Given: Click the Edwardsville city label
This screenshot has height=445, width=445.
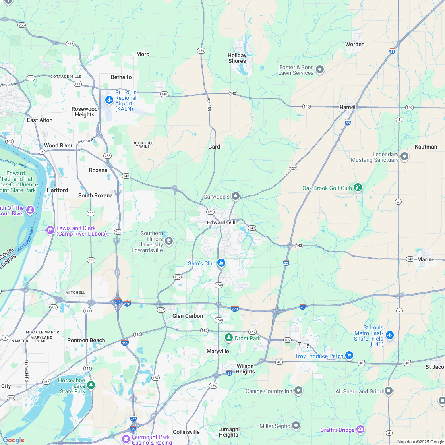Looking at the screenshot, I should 222,222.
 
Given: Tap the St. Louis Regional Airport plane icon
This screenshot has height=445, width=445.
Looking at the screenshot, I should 109,100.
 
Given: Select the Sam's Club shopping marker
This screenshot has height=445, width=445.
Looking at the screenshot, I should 221,263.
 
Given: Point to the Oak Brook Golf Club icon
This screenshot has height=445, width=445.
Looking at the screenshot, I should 358,188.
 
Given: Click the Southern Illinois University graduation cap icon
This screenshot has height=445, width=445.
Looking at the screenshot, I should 169,241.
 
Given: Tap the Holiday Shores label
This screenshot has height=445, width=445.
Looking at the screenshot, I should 237,58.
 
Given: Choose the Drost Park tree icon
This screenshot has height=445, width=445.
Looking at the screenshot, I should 228,338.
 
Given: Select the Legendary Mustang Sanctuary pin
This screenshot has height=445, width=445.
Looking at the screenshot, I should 404,157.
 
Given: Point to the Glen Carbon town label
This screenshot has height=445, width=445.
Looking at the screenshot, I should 188,316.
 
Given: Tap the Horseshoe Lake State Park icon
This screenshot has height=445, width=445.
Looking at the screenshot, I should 91,385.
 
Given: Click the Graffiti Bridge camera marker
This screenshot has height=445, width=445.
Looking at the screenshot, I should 360,430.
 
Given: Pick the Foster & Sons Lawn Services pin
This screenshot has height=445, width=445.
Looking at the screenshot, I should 320,70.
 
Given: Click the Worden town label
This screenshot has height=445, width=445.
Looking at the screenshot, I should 355,44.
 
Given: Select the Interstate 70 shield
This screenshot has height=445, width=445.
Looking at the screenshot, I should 303,306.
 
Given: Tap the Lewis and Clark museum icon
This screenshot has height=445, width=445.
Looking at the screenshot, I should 50,230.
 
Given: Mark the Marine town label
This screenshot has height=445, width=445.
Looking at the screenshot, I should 426,259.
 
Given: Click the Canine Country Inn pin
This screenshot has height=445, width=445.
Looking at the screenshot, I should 298,391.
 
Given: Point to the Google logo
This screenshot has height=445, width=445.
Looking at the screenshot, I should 13,440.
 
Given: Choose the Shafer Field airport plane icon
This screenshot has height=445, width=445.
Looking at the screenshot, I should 390,335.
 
